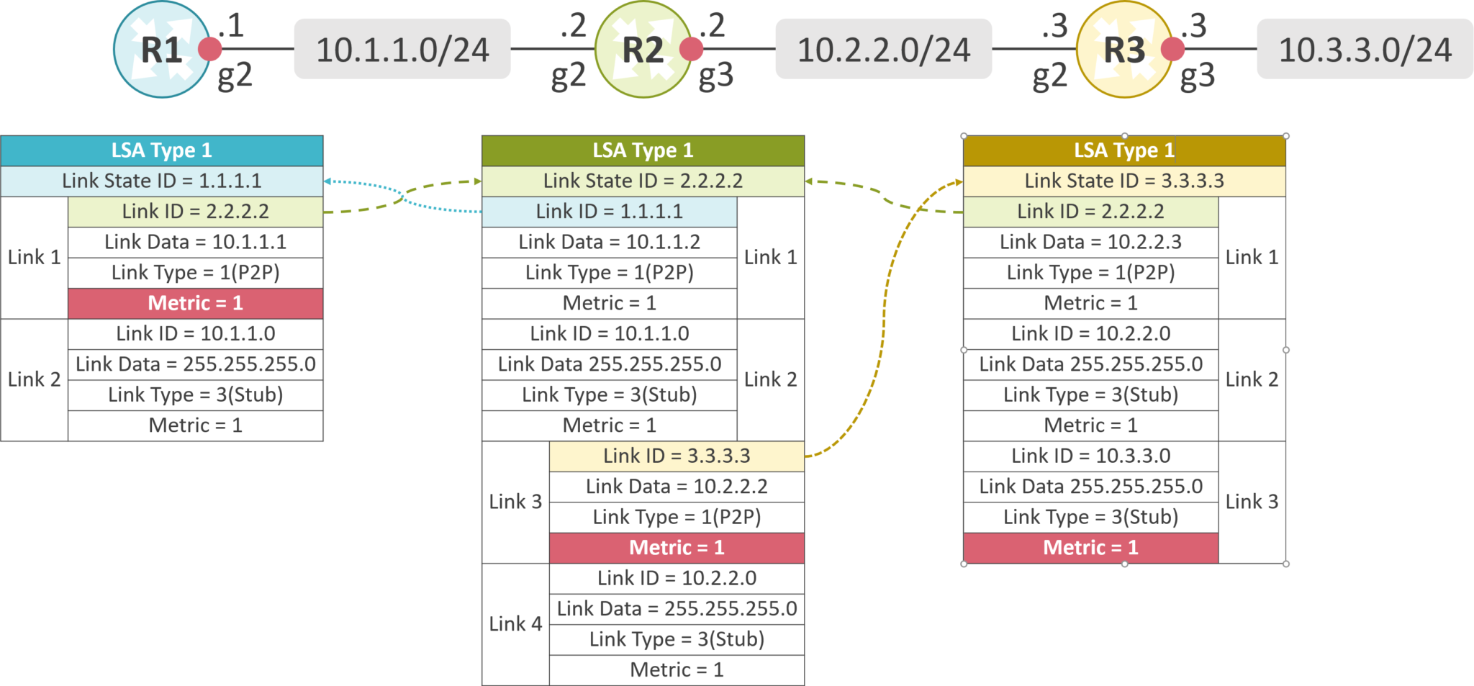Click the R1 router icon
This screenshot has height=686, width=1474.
pyautogui.click(x=161, y=50)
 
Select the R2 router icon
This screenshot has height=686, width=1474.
pyautogui.click(x=642, y=50)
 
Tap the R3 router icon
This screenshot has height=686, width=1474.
pyautogui.click(x=1123, y=50)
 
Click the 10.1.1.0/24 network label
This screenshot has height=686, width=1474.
pyautogui.click(x=402, y=50)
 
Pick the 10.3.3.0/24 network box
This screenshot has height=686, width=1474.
pyautogui.click(x=1365, y=50)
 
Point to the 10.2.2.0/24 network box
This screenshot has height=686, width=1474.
pyautogui.click(x=883, y=50)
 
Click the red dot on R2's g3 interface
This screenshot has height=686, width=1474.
pyautogui.click(x=691, y=50)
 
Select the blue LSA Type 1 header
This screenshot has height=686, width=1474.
pyautogui.click(x=162, y=150)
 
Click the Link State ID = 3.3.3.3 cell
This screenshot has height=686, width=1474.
pyautogui.click(x=1123, y=181)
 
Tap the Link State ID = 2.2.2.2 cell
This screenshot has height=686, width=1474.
pyautogui.click(x=642, y=181)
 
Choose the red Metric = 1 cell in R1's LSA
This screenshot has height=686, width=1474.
pyautogui.click(x=195, y=304)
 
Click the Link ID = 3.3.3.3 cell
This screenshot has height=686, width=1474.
pyautogui.click(x=676, y=456)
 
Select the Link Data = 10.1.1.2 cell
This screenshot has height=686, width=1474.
pyautogui.click(x=609, y=243)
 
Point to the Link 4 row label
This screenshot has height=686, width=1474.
pyautogui.click(x=515, y=624)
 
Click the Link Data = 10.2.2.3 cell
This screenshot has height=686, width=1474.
pyautogui.click(x=1090, y=243)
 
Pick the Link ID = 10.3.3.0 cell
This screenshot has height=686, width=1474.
pyautogui.click(x=1090, y=456)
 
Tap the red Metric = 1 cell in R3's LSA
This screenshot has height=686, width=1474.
pyautogui.click(x=1090, y=549)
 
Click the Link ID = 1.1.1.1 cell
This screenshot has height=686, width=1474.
pyautogui.click(x=609, y=212)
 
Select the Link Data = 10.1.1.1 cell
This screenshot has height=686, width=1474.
pyautogui.click(x=195, y=243)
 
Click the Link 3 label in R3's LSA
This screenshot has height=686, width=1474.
pyautogui.click(x=1252, y=502)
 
